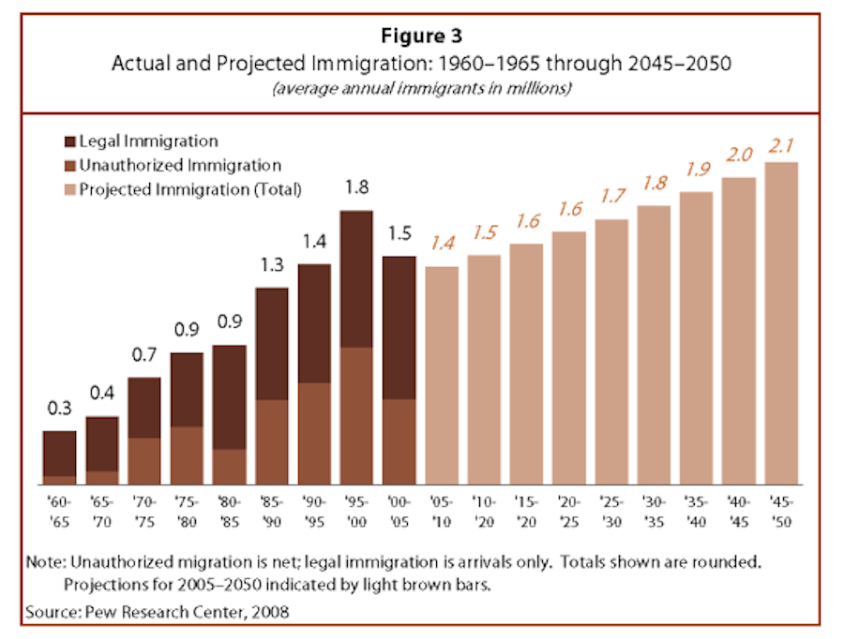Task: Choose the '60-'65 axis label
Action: click(60, 509)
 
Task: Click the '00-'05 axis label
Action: click(398, 509)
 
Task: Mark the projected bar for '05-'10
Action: click(442, 375)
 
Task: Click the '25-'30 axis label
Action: click(610, 509)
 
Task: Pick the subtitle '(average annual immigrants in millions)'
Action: click(422, 90)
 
